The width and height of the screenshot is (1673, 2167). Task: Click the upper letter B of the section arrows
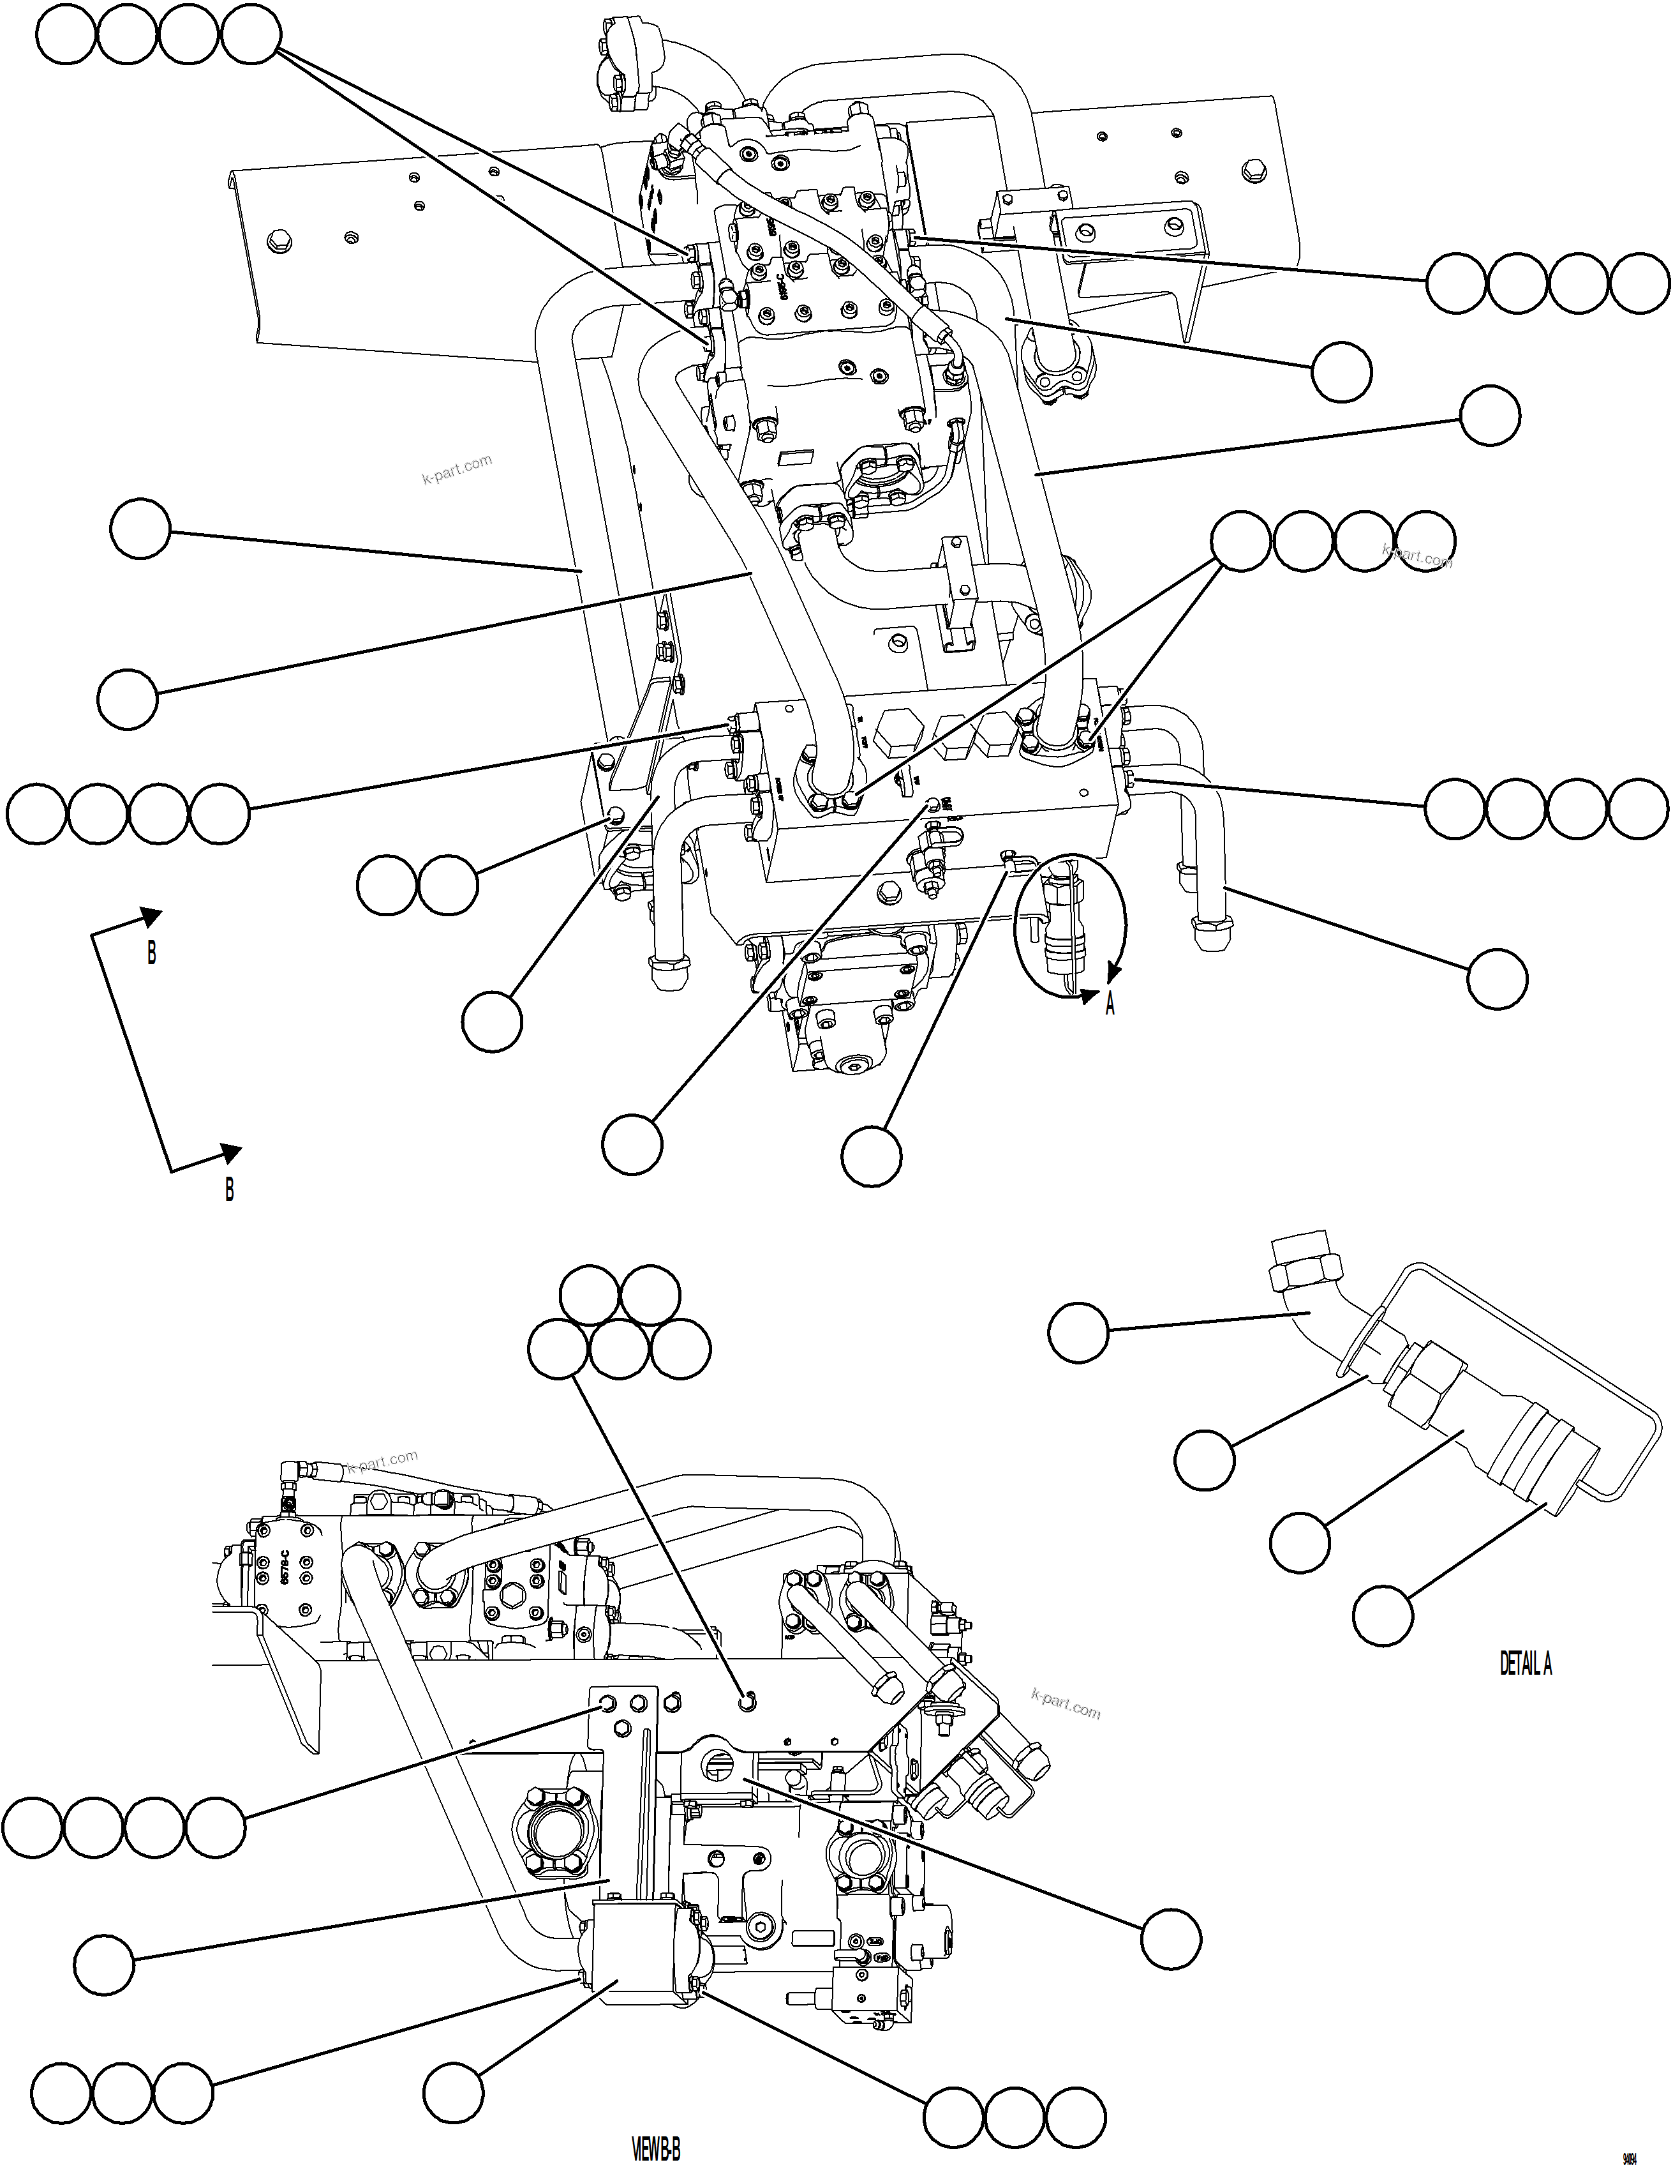(x=151, y=953)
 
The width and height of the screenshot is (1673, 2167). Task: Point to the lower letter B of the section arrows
(x=229, y=1189)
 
